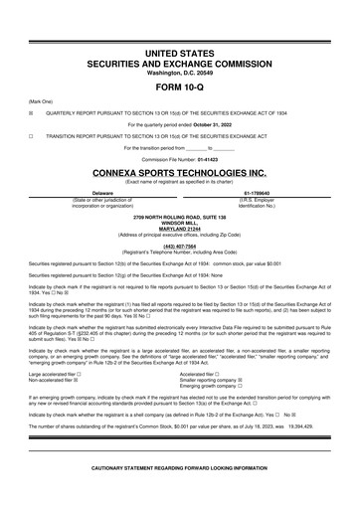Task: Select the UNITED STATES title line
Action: pos(179,50)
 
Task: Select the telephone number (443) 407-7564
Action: pos(179,246)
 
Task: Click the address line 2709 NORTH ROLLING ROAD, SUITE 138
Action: pos(179,215)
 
